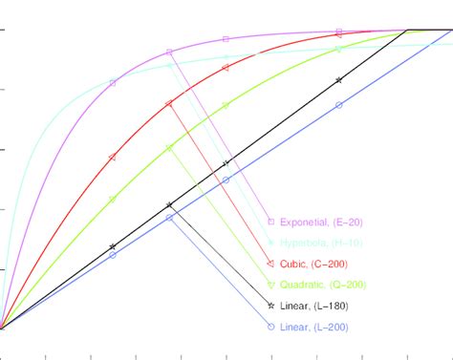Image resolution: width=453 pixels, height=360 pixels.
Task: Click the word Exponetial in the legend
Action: [x=305, y=222]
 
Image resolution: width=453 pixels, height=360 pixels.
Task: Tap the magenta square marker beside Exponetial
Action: [x=271, y=222]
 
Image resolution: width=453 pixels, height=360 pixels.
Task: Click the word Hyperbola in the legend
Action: [x=305, y=244]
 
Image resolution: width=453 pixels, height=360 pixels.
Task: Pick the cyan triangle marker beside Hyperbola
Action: [x=271, y=243]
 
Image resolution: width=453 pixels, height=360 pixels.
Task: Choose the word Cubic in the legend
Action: [x=295, y=265]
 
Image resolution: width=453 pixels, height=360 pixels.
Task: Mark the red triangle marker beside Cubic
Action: [x=271, y=264]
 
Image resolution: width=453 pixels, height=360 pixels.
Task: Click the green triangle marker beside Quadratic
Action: [x=271, y=285]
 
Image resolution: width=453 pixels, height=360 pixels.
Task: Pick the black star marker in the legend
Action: [x=271, y=306]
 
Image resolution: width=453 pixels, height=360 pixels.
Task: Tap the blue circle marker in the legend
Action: [x=271, y=327]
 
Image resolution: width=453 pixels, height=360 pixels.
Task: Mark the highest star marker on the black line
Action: [x=338, y=80]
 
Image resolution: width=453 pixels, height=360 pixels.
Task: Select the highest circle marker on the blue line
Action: [x=338, y=105]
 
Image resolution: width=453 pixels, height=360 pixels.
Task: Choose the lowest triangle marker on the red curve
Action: [x=113, y=157]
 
